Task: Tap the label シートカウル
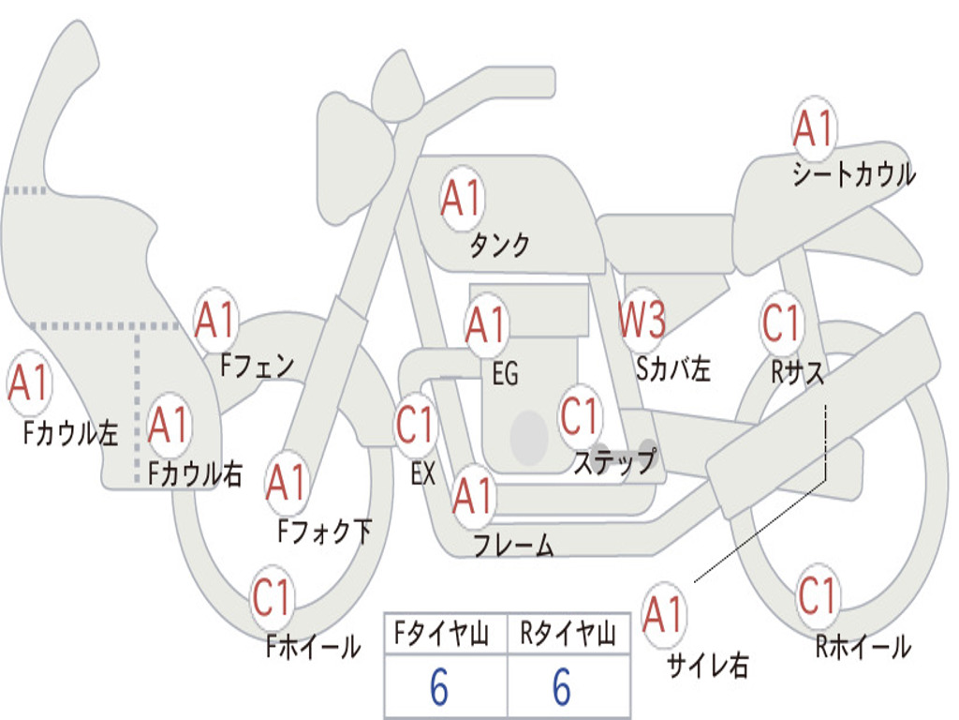click(853, 175)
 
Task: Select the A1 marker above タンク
click(461, 199)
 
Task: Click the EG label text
click(505, 374)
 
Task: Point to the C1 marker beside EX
click(416, 425)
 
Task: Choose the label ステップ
click(614, 462)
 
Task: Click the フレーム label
click(513, 545)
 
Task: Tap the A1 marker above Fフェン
click(216, 321)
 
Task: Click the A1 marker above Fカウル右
click(169, 427)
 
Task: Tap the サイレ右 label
click(707, 666)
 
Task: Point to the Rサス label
click(798, 372)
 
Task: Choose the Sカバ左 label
click(672, 368)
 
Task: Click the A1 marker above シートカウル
click(813, 129)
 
